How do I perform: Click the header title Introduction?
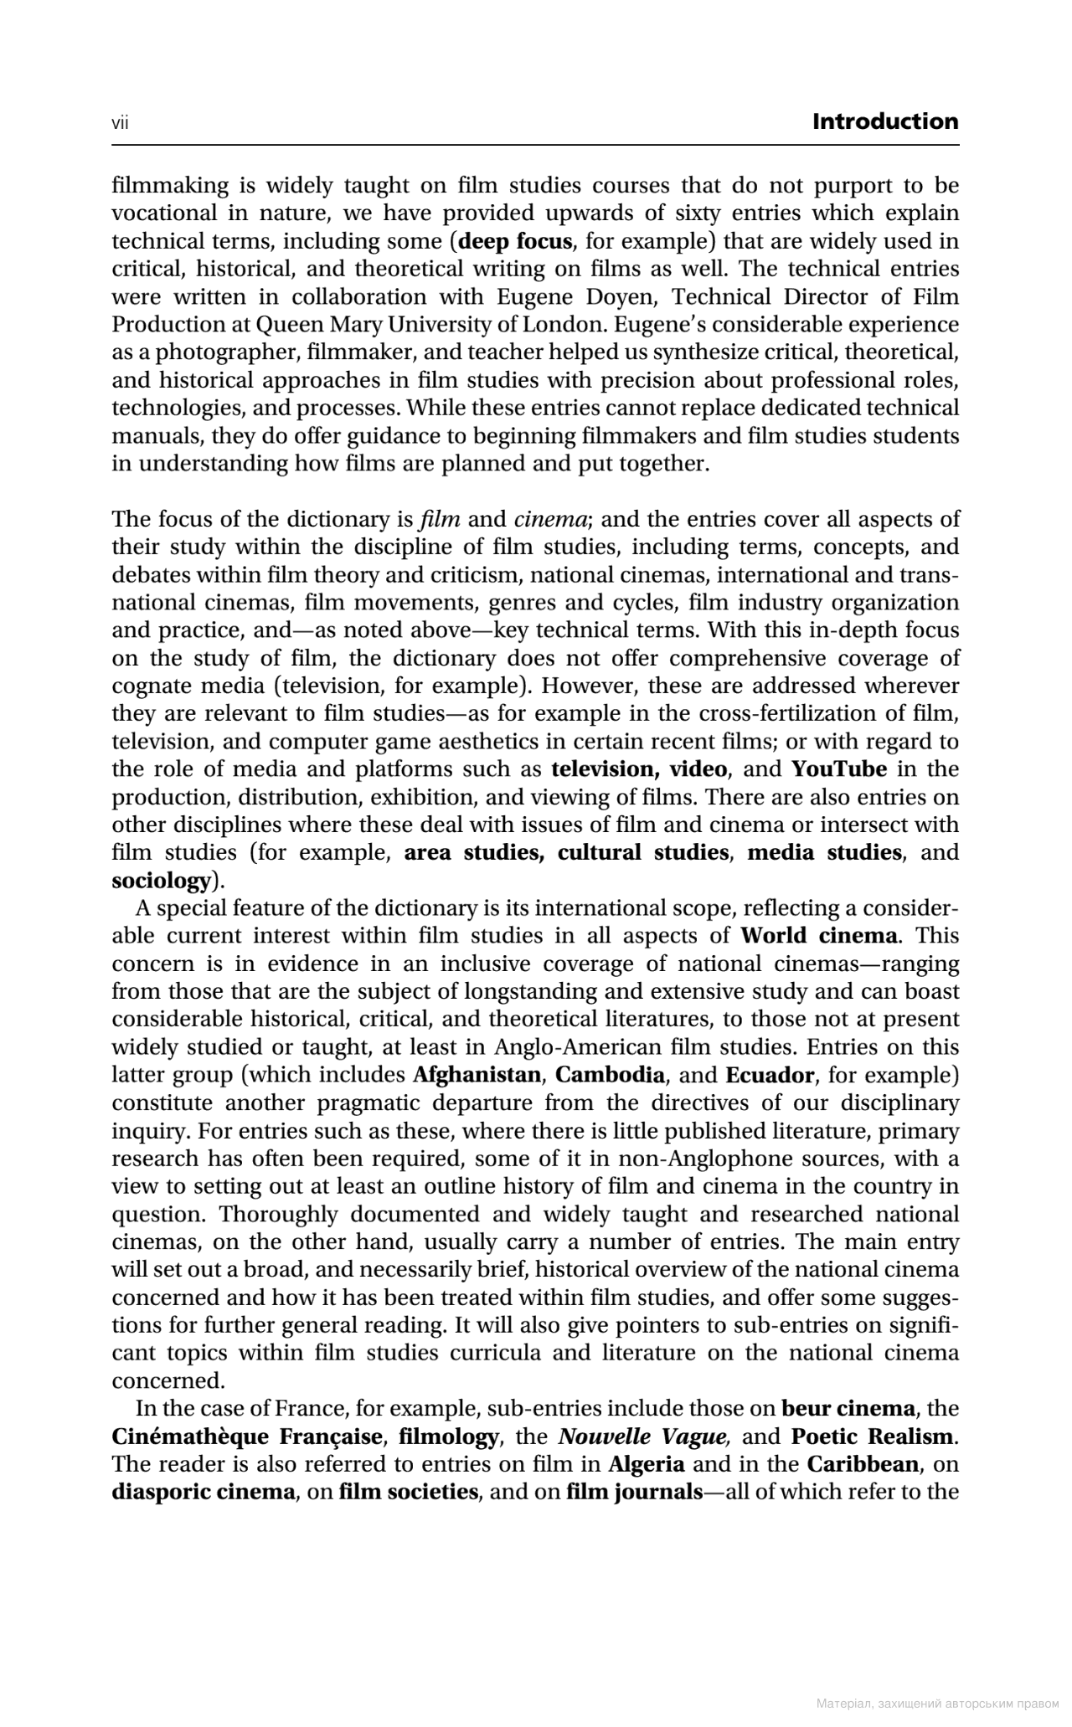pos(885,122)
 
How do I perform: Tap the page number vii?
pos(120,124)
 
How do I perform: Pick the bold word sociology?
pos(161,881)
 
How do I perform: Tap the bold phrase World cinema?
pos(820,936)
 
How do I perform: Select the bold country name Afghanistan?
pos(477,1075)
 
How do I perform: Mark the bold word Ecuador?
pos(769,1075)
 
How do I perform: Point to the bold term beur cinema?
pos(848,1408)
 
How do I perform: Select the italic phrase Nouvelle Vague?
pos(644,1437)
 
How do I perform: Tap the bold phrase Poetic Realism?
pos(871,1437)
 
